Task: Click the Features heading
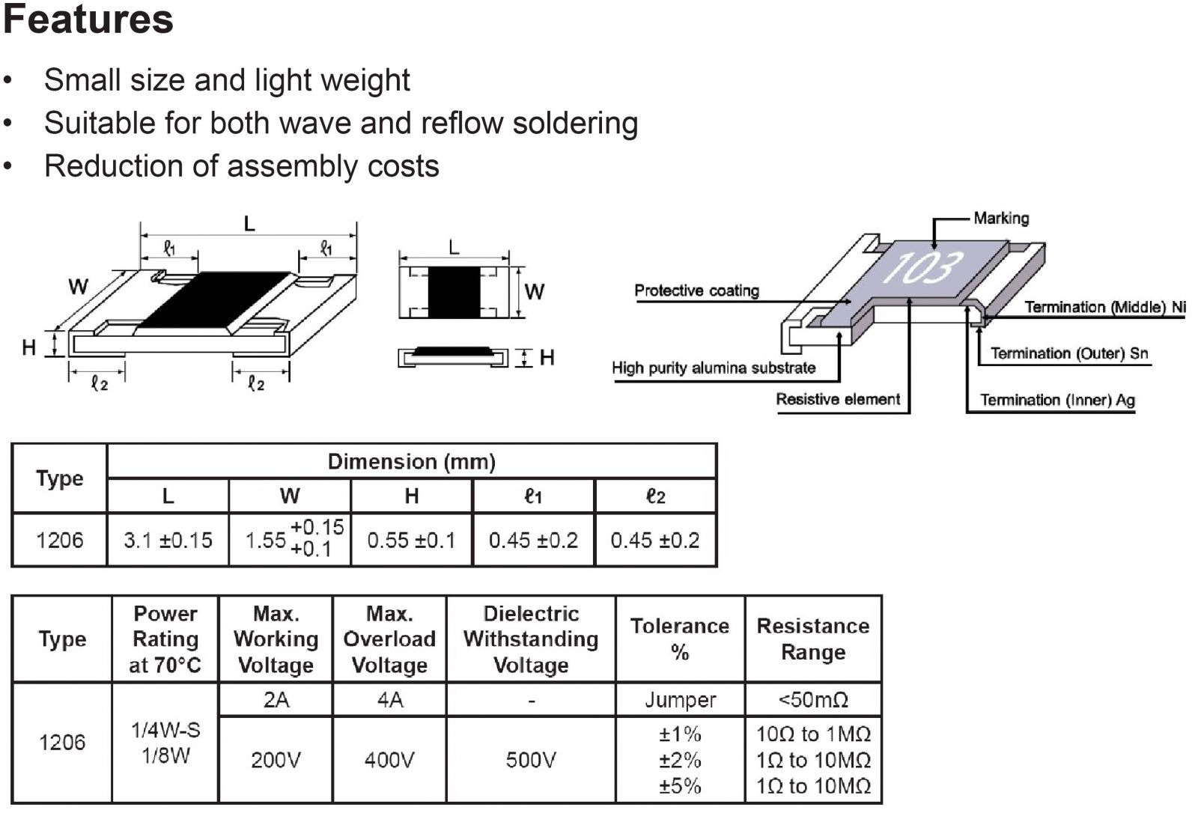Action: [x=88, y=19]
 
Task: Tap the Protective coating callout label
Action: [x=696, y=290]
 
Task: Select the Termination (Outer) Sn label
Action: [x=1068, y=353]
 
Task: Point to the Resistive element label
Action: [x=837, y=399]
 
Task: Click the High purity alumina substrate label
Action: [x=713, y=368]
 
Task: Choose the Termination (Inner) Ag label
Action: [x=1057, y=400]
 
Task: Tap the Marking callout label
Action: [x=1001, y=219]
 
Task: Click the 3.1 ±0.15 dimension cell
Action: [x=168, y=540]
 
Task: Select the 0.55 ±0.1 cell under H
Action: [x=411, y=540]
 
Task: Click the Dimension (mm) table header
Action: [x=412, y=461]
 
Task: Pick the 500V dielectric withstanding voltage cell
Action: [x=531, y=760]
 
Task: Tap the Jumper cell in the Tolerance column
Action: [x=680, y=700]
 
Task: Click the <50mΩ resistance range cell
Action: [x=813, y=700]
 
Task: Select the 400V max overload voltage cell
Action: [x=389, y=760]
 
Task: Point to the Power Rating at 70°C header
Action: [x=165, y=639]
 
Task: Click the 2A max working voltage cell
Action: [x=276, y=700]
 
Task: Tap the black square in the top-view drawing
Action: [x=454, y=291]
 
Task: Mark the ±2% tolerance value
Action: [x=680, y=760]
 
